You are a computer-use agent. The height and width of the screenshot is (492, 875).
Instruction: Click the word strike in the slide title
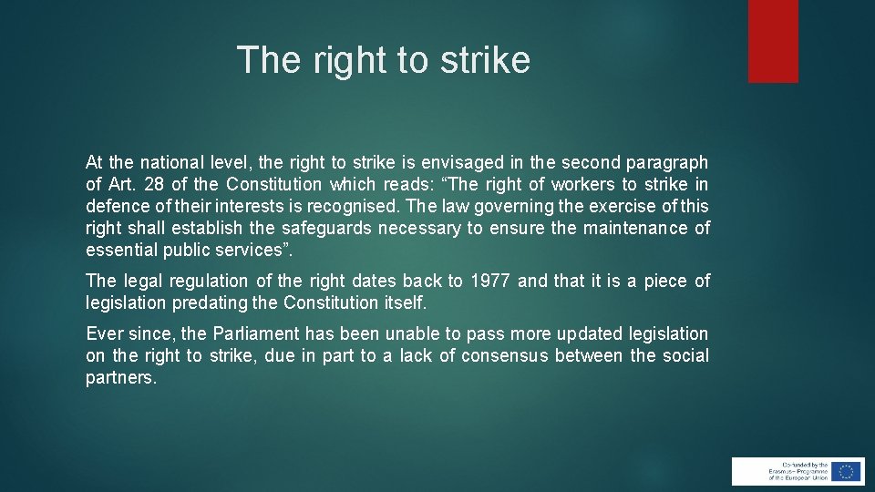pyautogui.click(x=484, y=60)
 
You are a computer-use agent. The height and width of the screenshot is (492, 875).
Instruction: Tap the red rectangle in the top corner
pyautogui.click(x=773, y=41)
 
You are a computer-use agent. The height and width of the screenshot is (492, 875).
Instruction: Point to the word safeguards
pyautogui.click(x=324, y=229)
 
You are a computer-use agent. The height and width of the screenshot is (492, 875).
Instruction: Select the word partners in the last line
pyautogui.click(x=121, y=378)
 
